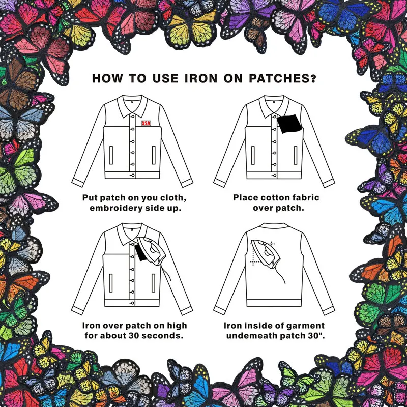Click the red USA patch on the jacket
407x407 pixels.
tap(146, 123)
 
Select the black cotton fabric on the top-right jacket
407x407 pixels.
tap(289, 123)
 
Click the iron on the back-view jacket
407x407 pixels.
tap(265, 253)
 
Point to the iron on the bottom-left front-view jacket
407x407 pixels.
tap(151, 251)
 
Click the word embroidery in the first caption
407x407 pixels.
tap(116, 208)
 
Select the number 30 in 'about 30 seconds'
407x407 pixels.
tap(134, 336)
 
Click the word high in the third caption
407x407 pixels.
tap(177, 326)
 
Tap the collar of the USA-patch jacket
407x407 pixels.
tap(132, 106)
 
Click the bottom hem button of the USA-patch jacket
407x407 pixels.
tap(133, 176)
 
